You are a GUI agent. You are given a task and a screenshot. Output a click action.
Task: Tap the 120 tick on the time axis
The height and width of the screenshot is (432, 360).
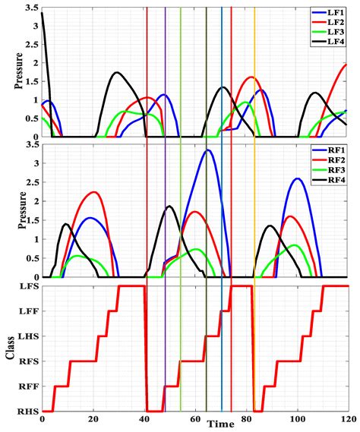point(347,420)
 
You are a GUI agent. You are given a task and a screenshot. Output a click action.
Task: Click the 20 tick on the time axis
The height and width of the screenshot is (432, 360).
point(93,420)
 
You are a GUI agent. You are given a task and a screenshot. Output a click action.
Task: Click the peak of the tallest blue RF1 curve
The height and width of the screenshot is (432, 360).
point(207,150)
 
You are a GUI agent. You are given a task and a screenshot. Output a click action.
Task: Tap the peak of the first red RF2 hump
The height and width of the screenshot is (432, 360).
point(93,192)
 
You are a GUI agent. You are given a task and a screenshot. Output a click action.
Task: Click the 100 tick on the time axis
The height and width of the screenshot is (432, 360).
point(297,420)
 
